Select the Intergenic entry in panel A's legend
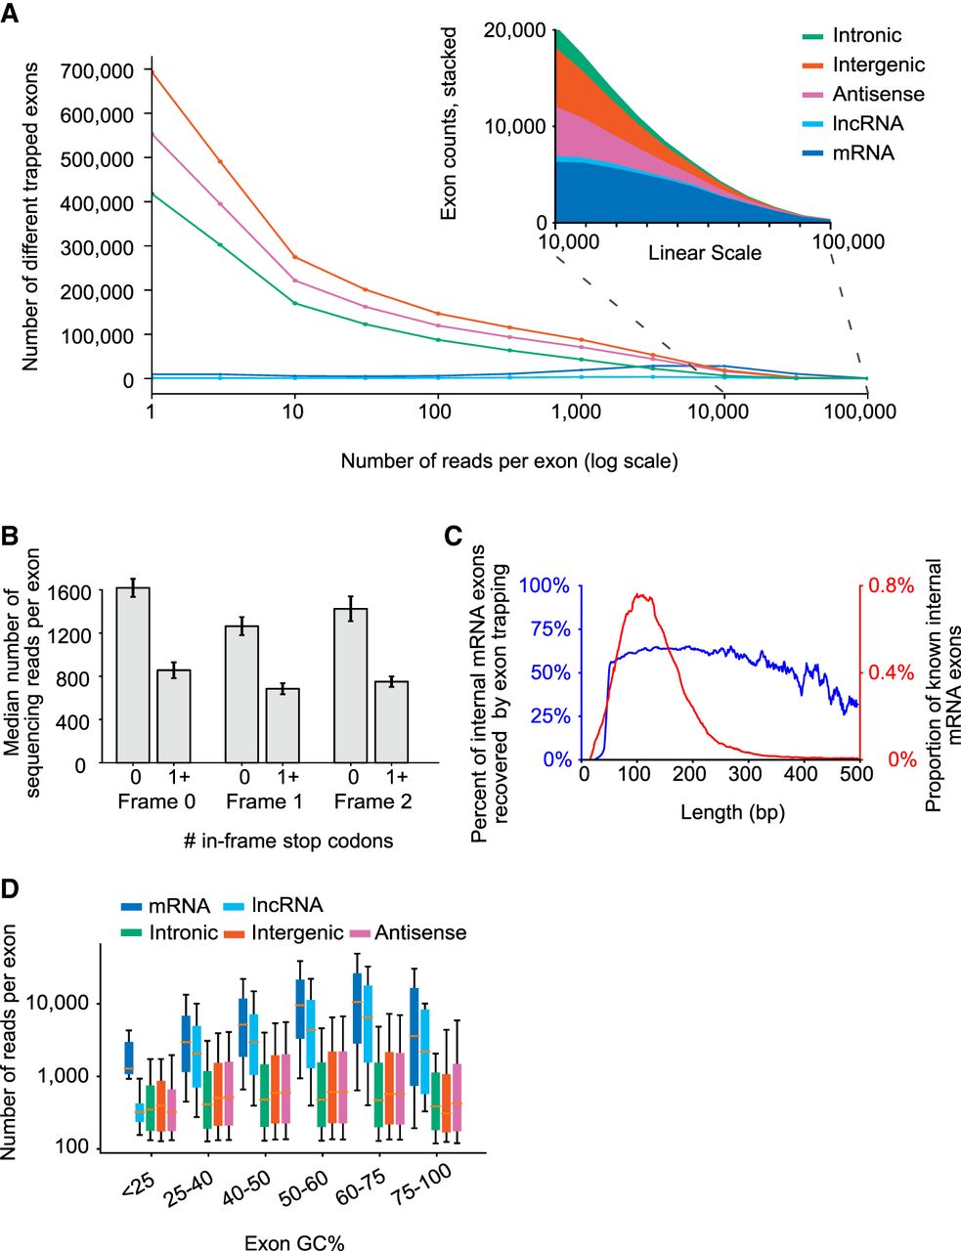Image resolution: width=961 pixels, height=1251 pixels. [x=878, y=65]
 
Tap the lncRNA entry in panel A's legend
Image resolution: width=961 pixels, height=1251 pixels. [x=867, y=124]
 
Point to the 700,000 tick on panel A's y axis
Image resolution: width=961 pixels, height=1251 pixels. [x=96, y=70]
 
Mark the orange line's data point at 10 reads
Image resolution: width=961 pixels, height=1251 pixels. [x=295, y=258]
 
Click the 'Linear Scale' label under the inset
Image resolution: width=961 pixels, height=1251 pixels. [x=704, y=253]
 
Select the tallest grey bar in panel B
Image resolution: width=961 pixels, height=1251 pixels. [x=132, y=674]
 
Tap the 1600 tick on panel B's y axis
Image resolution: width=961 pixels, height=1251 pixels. [x=67, y=592]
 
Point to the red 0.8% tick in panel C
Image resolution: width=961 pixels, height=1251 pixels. [x=887, y=586]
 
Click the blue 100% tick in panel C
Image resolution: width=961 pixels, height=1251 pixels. [x=545, y=586]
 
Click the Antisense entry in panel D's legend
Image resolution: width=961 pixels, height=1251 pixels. [x=420, y=933]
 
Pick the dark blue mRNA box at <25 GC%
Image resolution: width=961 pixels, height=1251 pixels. [x=128, y=1057]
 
